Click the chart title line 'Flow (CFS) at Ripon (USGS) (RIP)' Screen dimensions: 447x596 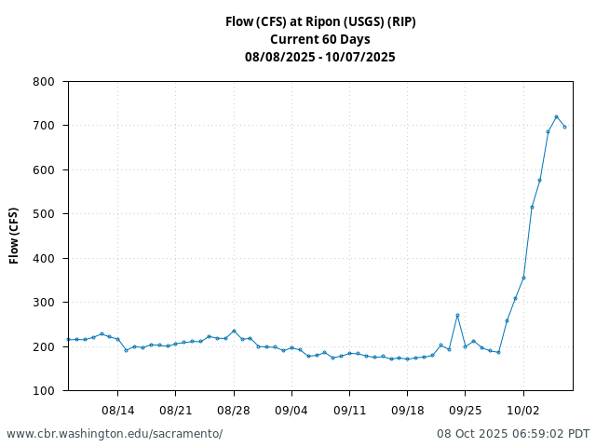320,21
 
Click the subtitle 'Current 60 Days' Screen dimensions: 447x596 320,39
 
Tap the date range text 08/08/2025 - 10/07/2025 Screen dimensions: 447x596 320,57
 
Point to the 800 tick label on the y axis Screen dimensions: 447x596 43,82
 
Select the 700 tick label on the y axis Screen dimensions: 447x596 43,126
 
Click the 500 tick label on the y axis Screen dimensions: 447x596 43,214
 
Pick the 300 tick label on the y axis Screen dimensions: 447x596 43,303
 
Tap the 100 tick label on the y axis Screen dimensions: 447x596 43,391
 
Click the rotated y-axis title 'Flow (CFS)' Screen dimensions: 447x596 15,236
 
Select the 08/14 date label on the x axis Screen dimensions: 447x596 118,410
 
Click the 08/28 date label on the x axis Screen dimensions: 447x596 234,410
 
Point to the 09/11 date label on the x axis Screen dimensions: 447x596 349,410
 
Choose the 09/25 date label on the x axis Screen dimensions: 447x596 466,410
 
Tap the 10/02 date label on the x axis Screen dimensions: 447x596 523,410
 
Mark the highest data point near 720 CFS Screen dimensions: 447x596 556,116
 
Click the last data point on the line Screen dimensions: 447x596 564,127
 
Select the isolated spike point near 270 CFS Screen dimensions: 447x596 457,316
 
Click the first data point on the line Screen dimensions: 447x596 69,339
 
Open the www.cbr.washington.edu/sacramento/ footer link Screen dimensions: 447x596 115,434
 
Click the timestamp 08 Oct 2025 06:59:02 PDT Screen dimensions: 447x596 513,434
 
